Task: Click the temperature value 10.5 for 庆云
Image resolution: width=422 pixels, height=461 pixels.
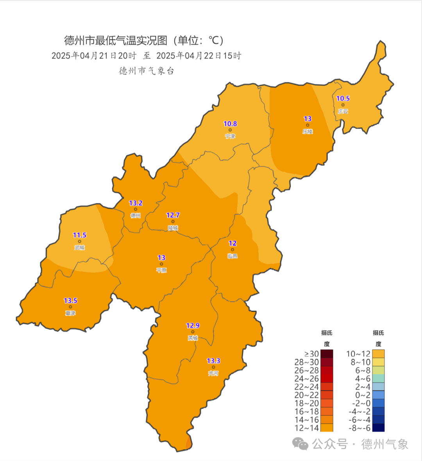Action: (343, 99)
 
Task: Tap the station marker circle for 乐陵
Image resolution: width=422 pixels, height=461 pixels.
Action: (308, 125)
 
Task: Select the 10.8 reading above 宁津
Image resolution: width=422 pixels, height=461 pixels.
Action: (230, 124)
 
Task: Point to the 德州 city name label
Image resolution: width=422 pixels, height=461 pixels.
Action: (136, 216)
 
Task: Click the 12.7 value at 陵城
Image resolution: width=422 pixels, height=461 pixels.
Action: (173, 215)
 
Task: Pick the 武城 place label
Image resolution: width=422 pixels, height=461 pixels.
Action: (80, 248)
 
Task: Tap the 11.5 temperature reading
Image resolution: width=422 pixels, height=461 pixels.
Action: (80, 235)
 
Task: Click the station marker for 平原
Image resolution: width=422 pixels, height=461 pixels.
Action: (161, 264)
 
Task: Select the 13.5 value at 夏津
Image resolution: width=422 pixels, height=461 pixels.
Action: (70, 301)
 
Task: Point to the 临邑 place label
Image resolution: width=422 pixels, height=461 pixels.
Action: (232, 256)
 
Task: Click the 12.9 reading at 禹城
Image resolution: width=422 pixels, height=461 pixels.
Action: (193, 326)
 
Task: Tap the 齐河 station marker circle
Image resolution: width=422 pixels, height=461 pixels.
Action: (213, 367)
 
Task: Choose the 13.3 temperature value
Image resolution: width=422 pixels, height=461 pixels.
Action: (213, 361)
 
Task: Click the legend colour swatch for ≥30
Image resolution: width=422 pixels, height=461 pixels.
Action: (327, 354)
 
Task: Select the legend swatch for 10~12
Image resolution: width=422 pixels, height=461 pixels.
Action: (378, 354)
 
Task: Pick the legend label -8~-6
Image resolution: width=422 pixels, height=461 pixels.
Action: (359, 428)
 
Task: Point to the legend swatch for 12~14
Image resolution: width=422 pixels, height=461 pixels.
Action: (327, 428)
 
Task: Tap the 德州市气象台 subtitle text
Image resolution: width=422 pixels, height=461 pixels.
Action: (147, 71)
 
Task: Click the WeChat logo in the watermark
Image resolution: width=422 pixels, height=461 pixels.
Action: (300, 443)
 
